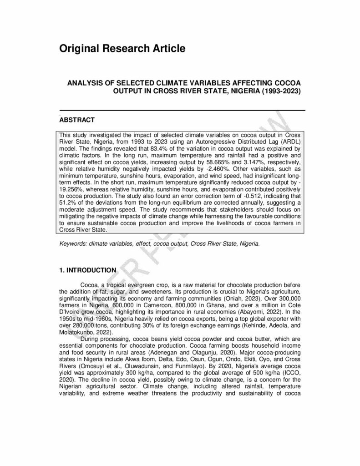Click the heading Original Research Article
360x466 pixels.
pos(122,48)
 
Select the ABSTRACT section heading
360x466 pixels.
pos(77,120)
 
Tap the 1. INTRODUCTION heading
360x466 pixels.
pos(88,270)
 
